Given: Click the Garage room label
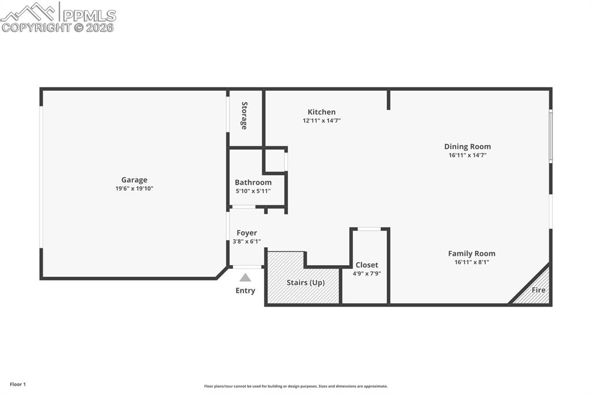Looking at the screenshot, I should click(134, 180).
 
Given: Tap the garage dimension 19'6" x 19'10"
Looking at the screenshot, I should click(134, 188).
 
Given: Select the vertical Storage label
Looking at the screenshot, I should click(245, 116).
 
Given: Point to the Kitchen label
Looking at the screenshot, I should click(321, 112).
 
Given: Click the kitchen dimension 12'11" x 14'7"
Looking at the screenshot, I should click(321, 121).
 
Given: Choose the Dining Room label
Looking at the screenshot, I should click(467, 147).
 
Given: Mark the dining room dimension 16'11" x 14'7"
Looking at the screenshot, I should click(467, 155).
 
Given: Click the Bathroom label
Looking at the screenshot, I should click(253, 183).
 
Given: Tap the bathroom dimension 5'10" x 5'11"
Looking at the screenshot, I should click(253, 191).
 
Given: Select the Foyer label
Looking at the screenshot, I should click(247, 233).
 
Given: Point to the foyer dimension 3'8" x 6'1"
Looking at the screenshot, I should click(247, 241).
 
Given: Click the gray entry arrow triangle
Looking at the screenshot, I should click(245, 277).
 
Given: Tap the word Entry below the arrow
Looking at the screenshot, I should click(245, 291).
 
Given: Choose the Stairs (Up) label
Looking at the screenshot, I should click(305, 283).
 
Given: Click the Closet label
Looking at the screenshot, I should click(367, 265).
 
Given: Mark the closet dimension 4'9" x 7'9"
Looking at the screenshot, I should click(367, 274).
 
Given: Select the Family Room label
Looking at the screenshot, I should click(472, 254).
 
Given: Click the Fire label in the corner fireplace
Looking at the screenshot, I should click(538, 290).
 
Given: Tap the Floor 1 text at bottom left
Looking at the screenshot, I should click(18, 384).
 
